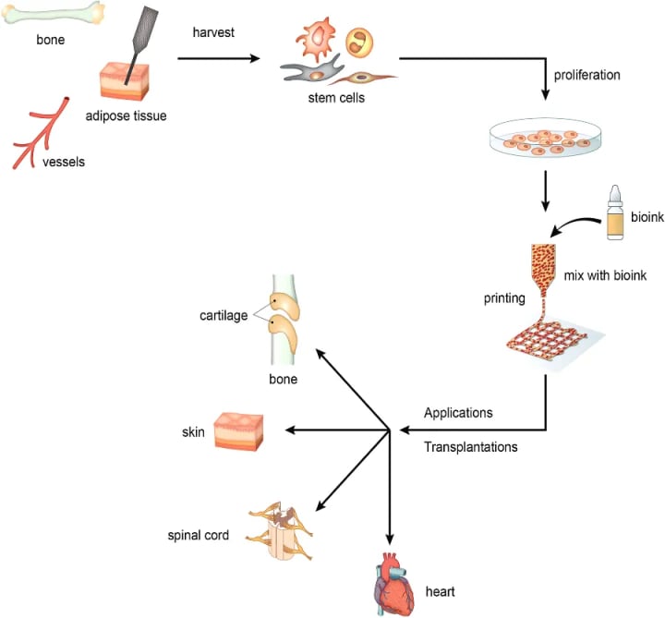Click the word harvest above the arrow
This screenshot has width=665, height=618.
coord(213,32)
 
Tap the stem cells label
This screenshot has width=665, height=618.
coord(336,98)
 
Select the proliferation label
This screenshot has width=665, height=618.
coord(587,75)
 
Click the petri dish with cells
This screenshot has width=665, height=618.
coord(546,137)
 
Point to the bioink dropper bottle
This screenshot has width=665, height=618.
coord(615,212)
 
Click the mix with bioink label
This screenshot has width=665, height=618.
coord(605,275)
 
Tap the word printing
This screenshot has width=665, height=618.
coord(504,298)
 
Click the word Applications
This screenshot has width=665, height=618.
coord(458,413)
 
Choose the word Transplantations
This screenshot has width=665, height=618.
coord(471,446)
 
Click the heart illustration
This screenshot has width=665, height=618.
coord(394,584)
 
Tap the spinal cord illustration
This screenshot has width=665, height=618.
coord(280,530)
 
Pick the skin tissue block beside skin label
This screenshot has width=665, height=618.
coord(238,431)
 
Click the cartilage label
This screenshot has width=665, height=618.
coord(224,316)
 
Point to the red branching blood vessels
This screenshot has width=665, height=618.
coord(41,133)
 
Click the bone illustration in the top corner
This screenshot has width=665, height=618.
coord(53,13)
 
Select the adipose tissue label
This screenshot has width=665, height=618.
coord(126,115)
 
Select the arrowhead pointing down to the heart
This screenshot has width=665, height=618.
coord(390,539)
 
